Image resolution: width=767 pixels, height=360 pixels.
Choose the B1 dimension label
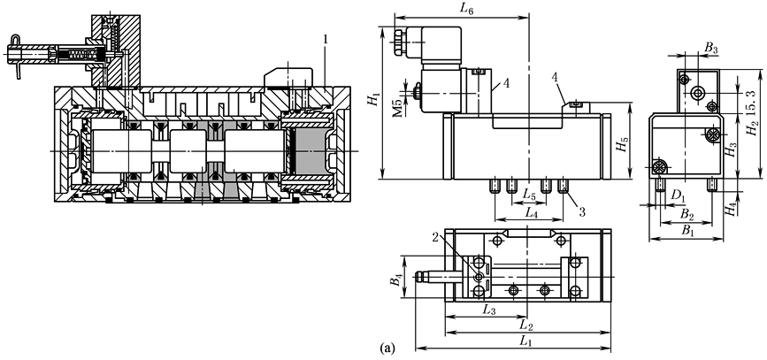686,230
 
